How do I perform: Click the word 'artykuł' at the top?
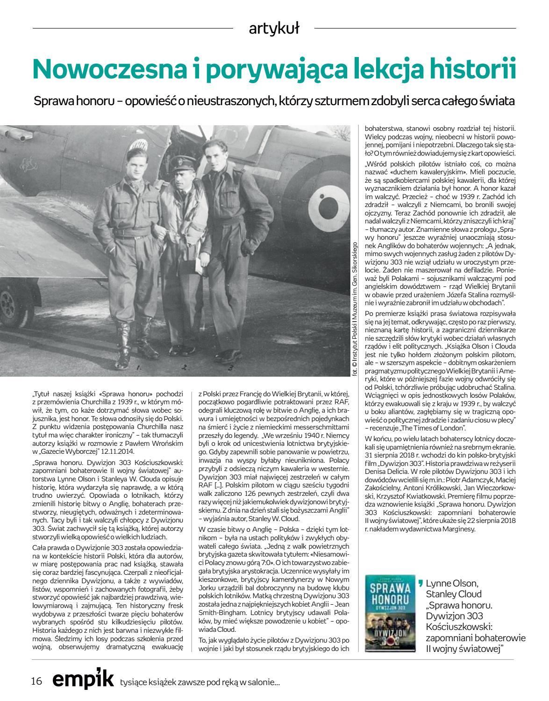(x=274, y=29)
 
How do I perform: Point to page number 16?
(x=37, y=681)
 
